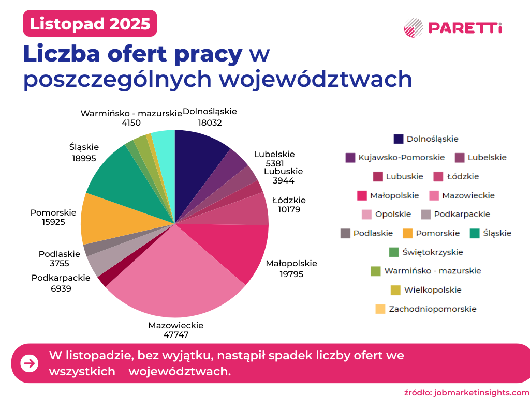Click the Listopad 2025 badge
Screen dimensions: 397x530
[x=90, y=23]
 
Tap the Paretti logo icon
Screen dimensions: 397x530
[x=414, y=28]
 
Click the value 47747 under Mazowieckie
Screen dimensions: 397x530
[x=175, y=334]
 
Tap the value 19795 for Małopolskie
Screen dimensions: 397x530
[x=291, y=274]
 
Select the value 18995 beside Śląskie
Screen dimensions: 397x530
[x=84, y=158]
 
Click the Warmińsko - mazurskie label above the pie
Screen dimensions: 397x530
[x=131, y=113]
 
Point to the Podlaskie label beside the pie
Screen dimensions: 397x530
[x=60, y=254]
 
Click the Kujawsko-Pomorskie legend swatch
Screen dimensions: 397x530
[x=350, y=158]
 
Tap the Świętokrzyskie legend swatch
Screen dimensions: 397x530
[x=393, y=252]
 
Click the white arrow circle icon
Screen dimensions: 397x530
[x=30, y=363]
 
